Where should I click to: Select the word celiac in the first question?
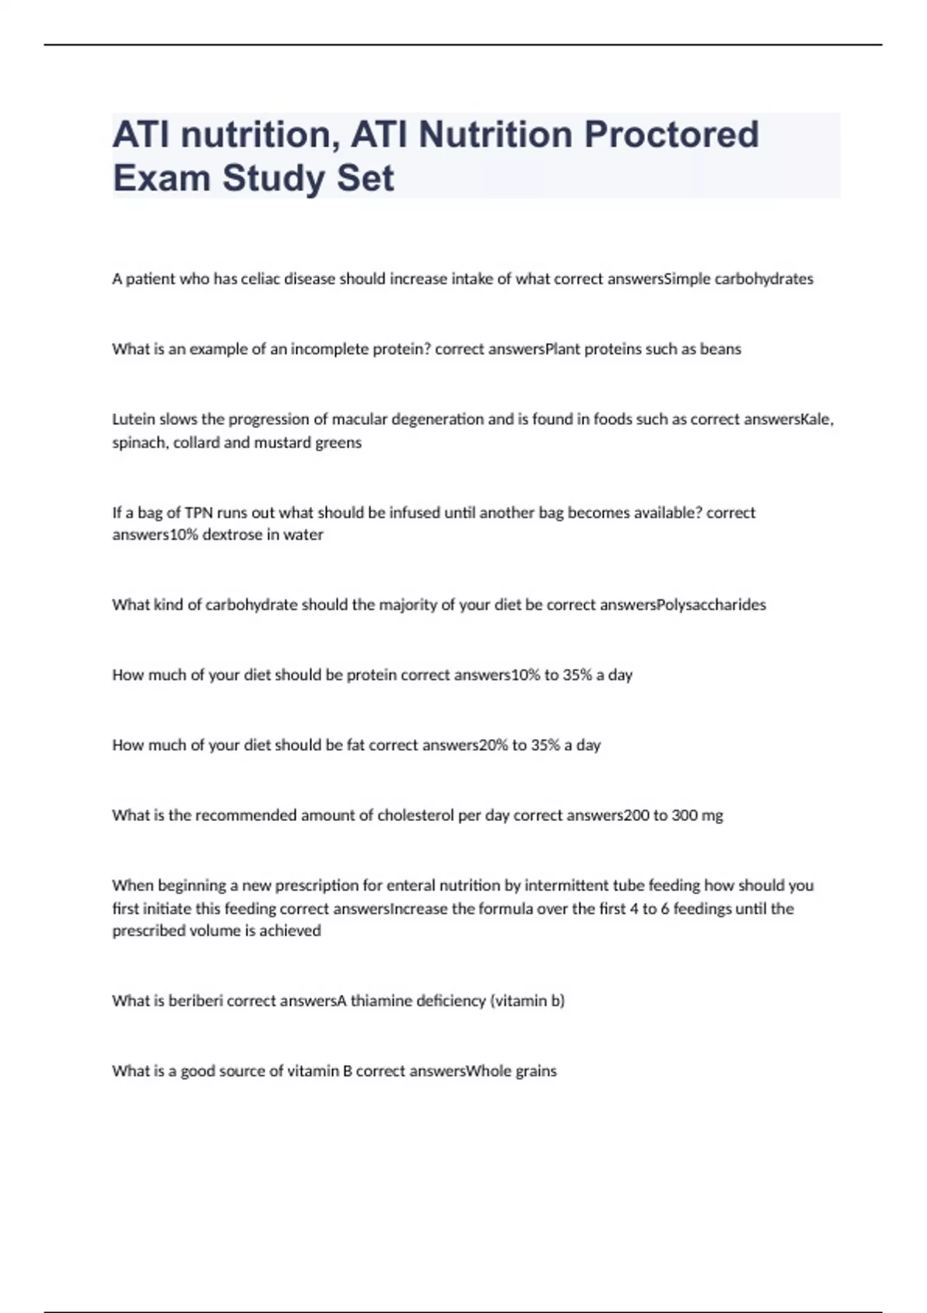point(261,279)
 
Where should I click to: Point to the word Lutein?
point(134,419)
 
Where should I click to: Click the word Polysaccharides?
point(711,605)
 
